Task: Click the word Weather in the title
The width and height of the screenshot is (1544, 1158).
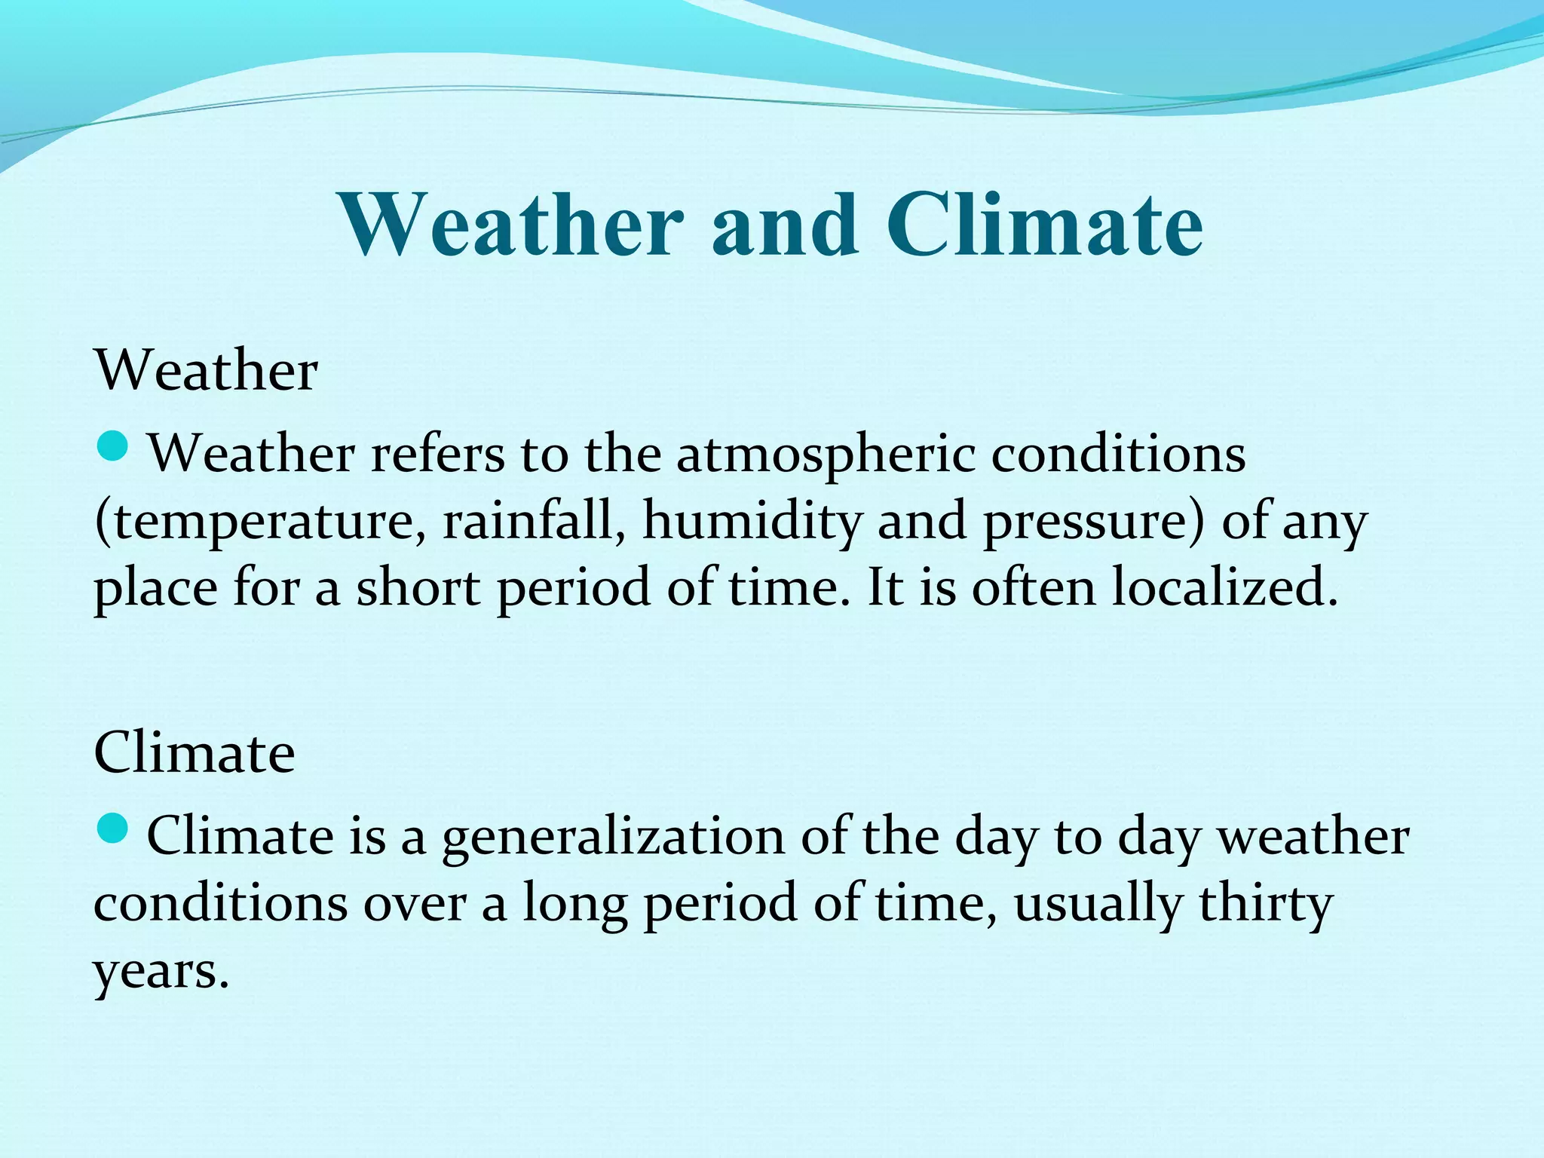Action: pyautogui.click(x=512, y=225)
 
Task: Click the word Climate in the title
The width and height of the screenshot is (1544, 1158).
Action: pyautogui.click(x=1043, y=225)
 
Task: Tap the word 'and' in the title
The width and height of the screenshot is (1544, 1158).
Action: pyautogui.click(x=784, y=225)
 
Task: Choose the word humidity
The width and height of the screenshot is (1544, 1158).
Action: pyautogui.click(x=752, y=522)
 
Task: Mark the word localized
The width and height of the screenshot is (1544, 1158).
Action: pyautogui.click(x=1225, y=587)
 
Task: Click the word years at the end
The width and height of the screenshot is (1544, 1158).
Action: pyautogui.click(x=160, y=971)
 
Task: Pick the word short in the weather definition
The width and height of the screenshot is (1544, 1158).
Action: pyautogui.click(x=418, y=587)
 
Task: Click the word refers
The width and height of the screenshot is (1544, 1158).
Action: pyautogui.click(x=437, y=455)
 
